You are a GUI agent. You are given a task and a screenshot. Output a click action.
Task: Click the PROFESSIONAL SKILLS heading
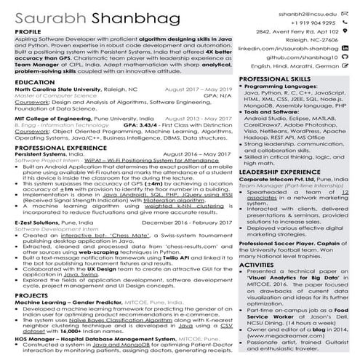(275, 78)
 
